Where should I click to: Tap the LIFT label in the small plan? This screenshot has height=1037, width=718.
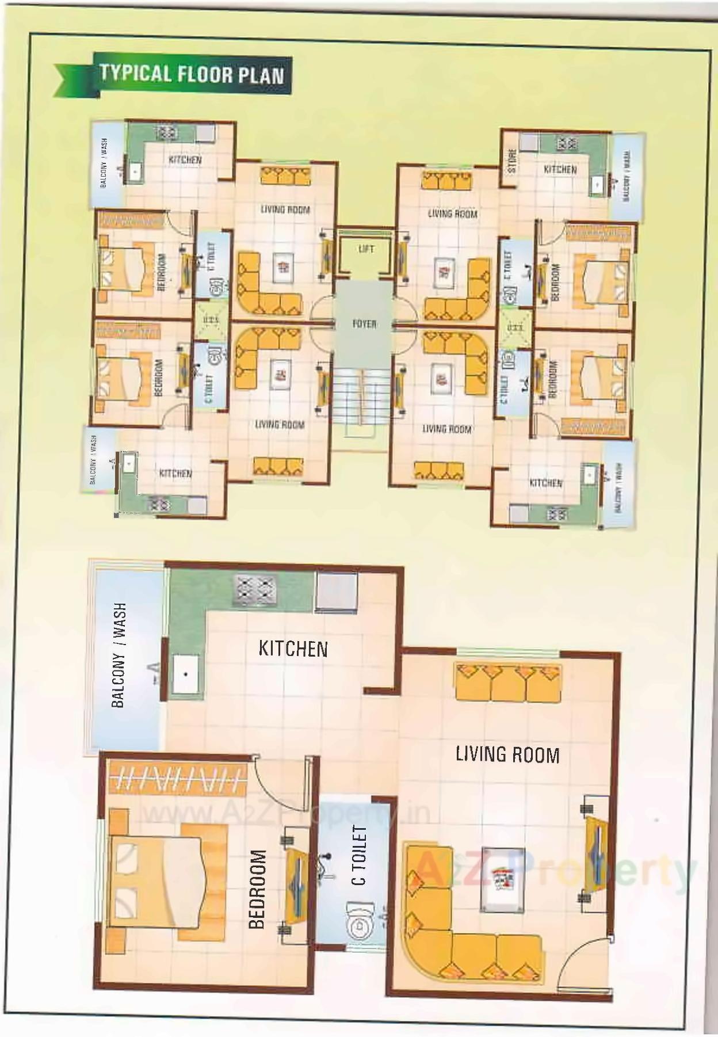(x=366, y=249)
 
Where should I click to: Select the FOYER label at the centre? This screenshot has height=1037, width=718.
(x=364, y=324)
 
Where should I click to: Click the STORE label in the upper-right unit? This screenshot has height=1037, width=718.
(x=512, y=161)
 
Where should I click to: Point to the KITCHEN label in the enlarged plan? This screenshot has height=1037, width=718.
(x=293, y=649)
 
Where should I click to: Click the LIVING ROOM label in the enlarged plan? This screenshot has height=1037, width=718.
(x=507, y=754)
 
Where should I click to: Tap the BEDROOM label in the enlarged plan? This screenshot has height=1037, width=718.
(x=257, y=889)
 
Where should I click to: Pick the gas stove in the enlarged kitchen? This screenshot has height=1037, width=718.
(x=253, y=589)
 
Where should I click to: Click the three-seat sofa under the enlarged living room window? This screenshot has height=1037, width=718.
(x=507, y=683)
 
